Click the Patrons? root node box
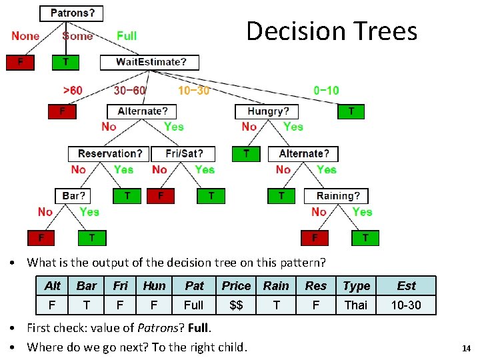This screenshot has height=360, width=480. [x=73, y=13]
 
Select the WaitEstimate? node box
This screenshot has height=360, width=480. [x=151, y=62]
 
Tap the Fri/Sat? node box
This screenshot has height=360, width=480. [x=183, y=154]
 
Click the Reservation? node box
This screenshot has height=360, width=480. [x=108, y=154]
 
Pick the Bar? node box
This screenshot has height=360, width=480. [x=74, y=196]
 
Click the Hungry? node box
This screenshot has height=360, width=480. [x=268, y=111]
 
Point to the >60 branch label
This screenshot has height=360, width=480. [x=73, y=90]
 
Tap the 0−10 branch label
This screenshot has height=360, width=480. [x=326, y=90]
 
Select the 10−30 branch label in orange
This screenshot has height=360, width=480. [x=193, y=90]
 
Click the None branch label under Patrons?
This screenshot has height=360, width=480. [x=25, y=36]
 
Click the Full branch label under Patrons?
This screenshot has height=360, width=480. [x=127, y=36]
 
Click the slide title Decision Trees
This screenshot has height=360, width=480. [x=331, y=31]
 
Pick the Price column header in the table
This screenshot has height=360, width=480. [x=236, y=286]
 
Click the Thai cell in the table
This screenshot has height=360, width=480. [x=355, y=305]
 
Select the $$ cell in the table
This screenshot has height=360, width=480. [x=236, y=305]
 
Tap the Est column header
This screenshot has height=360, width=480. [x=406, y=286]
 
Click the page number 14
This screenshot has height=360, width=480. [x=466, y=348]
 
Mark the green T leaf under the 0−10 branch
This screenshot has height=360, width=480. [x=351, y=111]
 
